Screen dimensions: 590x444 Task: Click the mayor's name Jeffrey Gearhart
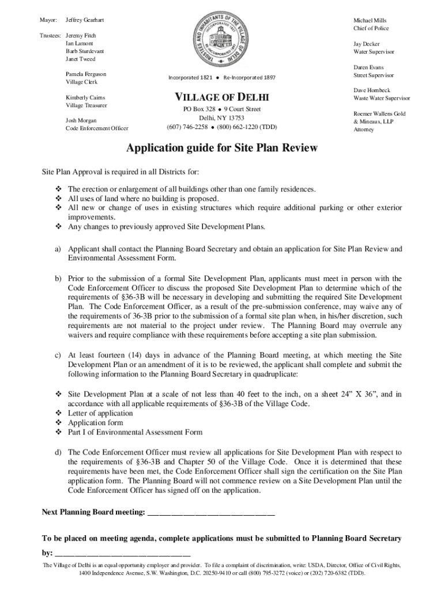85,20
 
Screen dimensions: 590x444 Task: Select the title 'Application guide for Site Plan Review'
222,149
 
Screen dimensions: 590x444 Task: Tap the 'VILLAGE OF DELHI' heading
221,96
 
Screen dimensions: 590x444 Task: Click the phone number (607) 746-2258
187,127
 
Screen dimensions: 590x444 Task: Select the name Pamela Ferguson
86,74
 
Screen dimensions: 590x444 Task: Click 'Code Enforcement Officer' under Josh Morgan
97,128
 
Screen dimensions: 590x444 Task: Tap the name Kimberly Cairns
85,97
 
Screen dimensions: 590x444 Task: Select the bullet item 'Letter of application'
100,413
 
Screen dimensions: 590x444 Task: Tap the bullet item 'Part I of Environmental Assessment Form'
135,432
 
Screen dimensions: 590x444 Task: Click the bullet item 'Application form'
95,422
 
